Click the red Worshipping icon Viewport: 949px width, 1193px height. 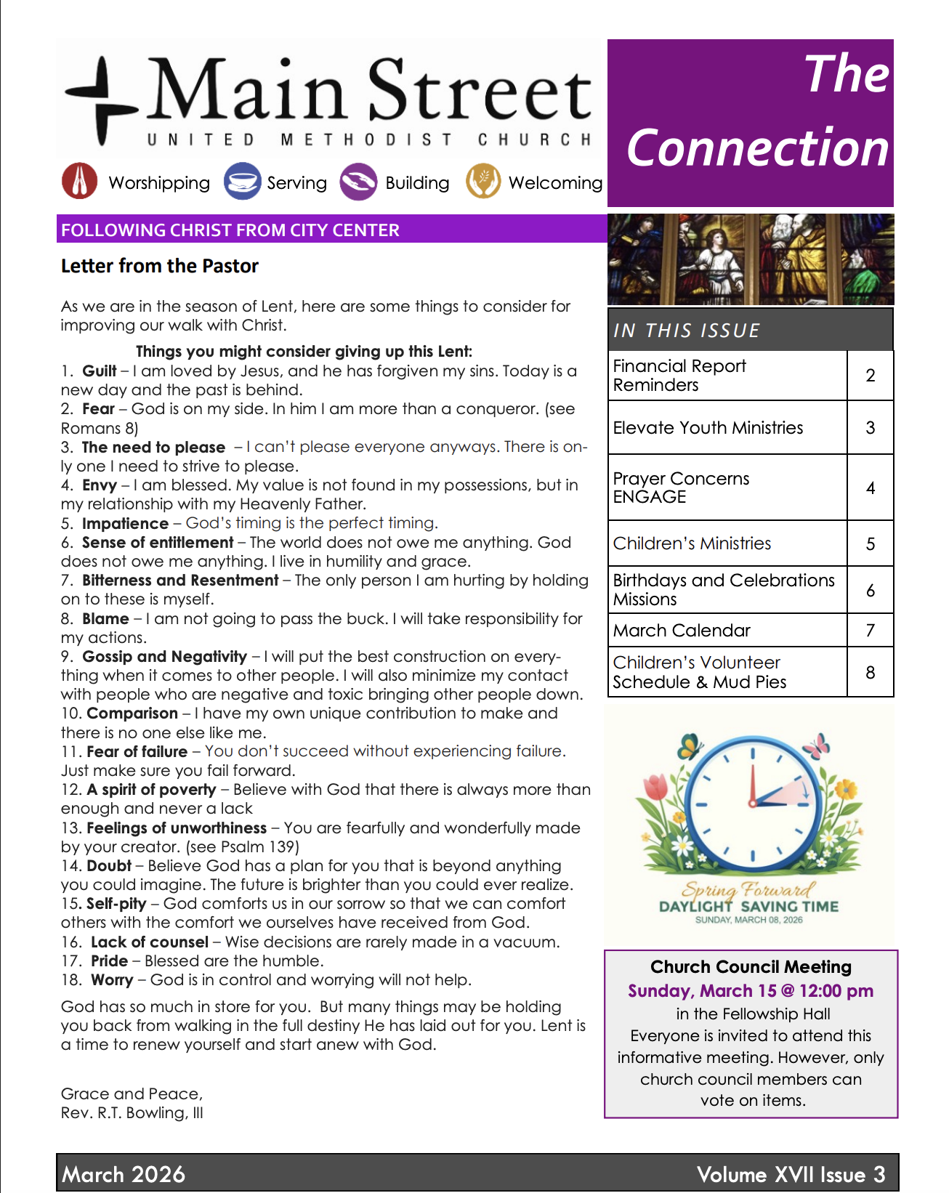coord(80,182)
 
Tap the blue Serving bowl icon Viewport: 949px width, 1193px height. coord(242,182)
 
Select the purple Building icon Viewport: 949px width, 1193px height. coord(358,182)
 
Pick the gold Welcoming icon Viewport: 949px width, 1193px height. coord(483,182)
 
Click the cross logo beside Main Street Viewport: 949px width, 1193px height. coord(102,102)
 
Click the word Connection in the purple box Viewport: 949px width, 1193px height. coord(757,148)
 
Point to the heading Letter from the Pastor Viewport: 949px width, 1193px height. coord(160,266)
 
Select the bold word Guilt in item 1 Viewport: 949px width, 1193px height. coord(100,371)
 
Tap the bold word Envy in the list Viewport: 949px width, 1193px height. coord(100,485)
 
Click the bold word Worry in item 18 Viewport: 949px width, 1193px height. coord(112,980)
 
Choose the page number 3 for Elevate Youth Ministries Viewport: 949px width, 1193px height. coord(870,428)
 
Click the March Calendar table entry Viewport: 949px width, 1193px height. coord(682,631)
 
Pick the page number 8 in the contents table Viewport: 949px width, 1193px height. coord(870,673)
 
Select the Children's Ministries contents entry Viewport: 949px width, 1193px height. coord(692,543)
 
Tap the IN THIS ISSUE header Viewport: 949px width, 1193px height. coord(687,331)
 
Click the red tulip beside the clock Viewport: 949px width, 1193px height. coord(656,789)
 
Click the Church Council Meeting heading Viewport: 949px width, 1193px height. coord(751,967)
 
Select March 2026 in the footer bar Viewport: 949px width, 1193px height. coord(124,1174)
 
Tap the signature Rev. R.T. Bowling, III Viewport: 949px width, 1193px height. coord(132,1113)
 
